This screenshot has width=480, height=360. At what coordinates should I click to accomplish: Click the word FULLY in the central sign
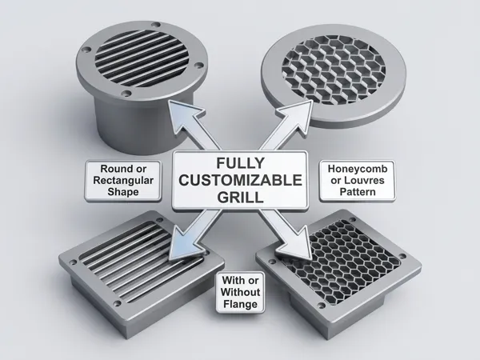[240, 163]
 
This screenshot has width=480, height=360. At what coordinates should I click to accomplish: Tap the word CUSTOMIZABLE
[240, 180]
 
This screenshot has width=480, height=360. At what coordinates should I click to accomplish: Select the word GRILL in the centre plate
[240, 197]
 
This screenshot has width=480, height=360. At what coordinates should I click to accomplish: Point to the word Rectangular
[123, 180]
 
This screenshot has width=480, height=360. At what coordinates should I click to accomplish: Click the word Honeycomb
[358, 169]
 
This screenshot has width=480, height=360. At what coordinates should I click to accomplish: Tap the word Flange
[240, 304]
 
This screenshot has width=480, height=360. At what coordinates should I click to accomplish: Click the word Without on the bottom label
[240, 292]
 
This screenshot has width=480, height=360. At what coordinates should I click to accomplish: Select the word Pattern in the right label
[358, 192]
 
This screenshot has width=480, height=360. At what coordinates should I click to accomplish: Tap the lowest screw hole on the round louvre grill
[126, 93]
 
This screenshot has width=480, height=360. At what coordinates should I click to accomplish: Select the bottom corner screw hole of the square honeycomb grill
[321, 306]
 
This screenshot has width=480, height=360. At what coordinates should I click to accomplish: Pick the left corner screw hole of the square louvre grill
[73, 262]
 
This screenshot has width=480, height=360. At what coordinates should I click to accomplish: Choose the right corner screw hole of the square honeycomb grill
[402, 256]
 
